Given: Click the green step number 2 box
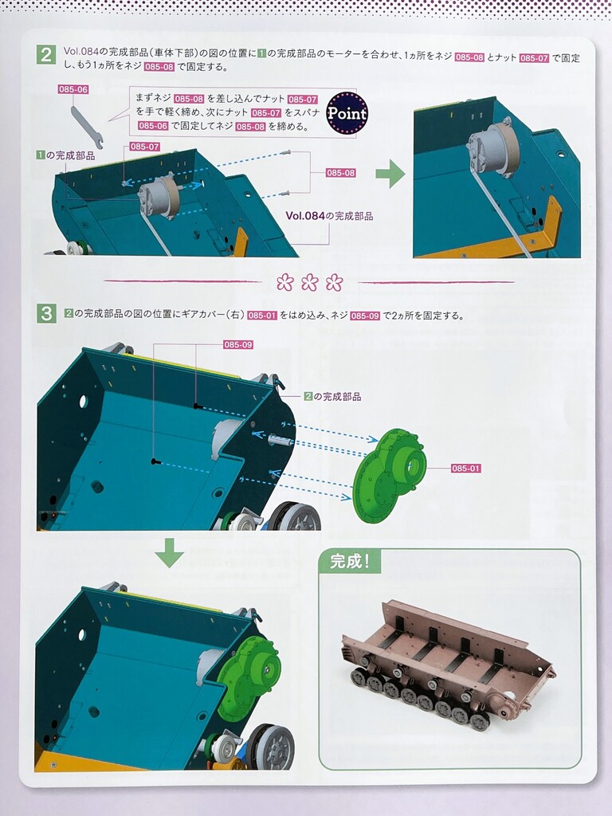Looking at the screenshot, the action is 45,55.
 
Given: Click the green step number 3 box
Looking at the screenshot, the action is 45,314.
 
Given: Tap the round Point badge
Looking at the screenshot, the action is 347,113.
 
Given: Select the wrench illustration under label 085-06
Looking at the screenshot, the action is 86,126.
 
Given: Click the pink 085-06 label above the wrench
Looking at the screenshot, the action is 73,89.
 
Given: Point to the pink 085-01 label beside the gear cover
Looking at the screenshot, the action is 465,469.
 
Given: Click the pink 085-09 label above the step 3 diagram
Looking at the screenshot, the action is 238,344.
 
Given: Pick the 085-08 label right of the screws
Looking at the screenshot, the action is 341,173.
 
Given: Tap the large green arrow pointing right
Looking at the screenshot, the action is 390,173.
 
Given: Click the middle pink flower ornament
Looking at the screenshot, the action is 310,282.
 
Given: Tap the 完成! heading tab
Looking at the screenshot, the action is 350,562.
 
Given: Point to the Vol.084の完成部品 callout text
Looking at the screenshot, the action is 329,216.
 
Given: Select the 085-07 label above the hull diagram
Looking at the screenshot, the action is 145,147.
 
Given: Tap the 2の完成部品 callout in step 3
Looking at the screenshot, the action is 333,397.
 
